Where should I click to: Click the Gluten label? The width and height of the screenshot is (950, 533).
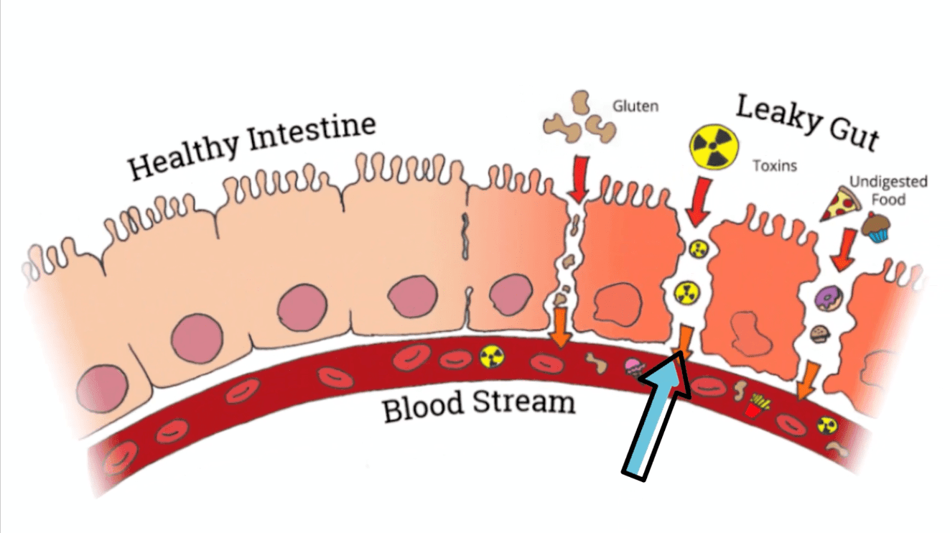pos(635,107)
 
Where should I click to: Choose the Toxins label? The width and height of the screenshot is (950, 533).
pos(775,166)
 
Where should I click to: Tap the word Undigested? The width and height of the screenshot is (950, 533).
pos(888,182)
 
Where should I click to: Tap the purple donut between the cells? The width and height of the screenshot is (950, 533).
pos(825,295)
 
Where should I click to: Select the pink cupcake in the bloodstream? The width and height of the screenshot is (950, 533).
pos(633,367)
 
